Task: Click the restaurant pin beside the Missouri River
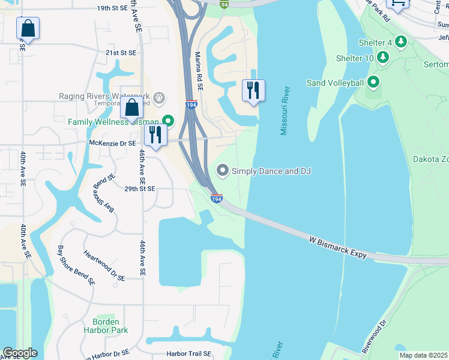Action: [x=253, y=91]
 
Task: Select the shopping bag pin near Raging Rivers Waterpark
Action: [x=132, y=108]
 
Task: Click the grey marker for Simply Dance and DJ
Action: [x=223, y=171]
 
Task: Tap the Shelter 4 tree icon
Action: [x=401, y=42]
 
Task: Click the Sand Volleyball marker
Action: [x=373, y=82]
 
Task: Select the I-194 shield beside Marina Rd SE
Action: [x=191, y=104]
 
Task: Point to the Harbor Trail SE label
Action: [x=189, y=353]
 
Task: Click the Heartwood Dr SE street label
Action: [x=104, y=266]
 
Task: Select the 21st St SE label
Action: [x=122, y=53]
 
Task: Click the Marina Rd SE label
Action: [x=199, y=70]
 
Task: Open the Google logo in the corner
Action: [x=20, y=353]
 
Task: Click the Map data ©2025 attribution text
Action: [x=423, y=355]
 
